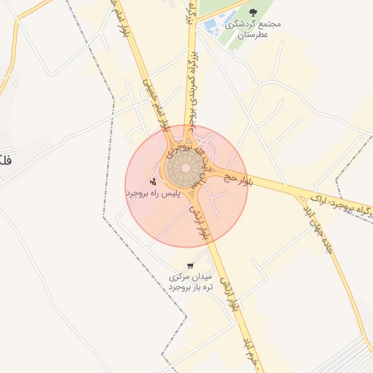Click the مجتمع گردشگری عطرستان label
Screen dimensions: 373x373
click(254, 28)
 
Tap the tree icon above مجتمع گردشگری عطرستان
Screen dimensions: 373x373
click(253, 12)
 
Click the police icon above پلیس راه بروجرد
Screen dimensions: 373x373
click(153, 181)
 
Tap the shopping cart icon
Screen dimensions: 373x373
click(189, 266)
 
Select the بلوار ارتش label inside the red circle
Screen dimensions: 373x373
click(200, 221)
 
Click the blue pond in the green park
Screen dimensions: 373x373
click(211, 26)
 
